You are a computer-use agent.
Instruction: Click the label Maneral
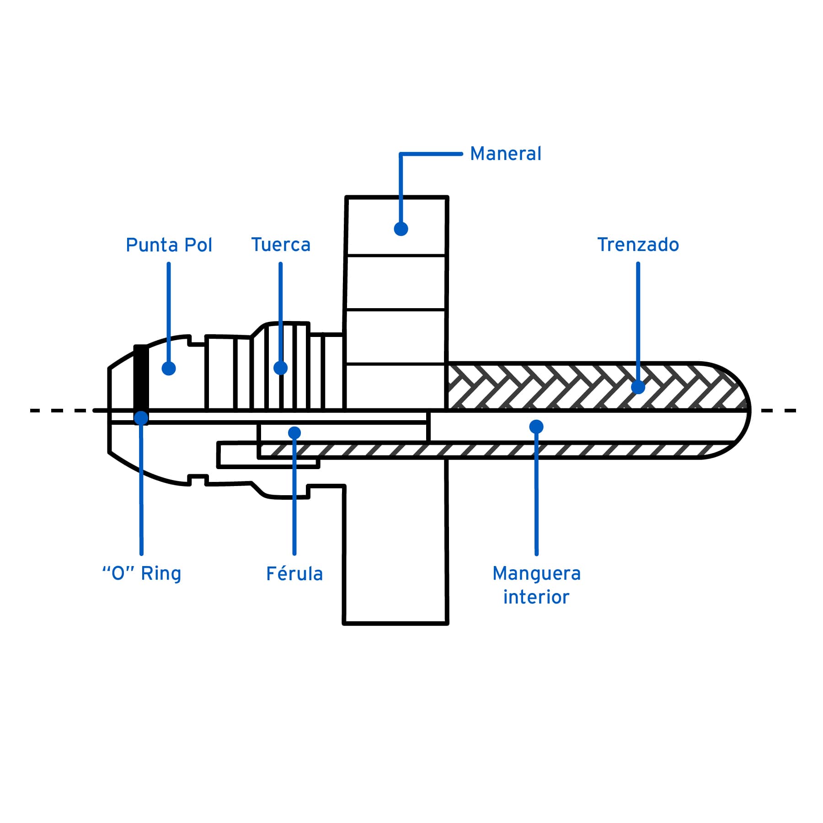tap(505, 154)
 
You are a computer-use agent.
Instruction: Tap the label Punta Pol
tap(169, 245)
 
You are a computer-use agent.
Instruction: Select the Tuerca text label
tap(281, 245)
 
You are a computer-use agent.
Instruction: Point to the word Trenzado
tap(638, 245)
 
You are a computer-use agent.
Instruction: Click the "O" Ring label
tap(142, 573)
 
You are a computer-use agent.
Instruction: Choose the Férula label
tap(294, 574)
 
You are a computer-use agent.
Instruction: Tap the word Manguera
tap(536, 573)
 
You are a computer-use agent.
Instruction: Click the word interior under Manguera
tap(536, 597)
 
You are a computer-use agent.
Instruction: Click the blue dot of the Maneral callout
tap(401, 229)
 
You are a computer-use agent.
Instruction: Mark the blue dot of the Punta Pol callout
tap(169, 368)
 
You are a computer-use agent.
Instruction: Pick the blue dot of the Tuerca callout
tap(280, 368)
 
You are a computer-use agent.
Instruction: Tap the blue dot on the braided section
tap(638, 387)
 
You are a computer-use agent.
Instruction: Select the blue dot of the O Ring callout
tap(141, 418)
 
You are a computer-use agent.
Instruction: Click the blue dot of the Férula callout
tap(294, 433)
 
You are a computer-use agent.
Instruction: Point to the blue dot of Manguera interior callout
tap(536, 427)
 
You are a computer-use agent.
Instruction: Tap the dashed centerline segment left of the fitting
tap(59, 411)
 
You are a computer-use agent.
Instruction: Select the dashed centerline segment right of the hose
tap(777, 411)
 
